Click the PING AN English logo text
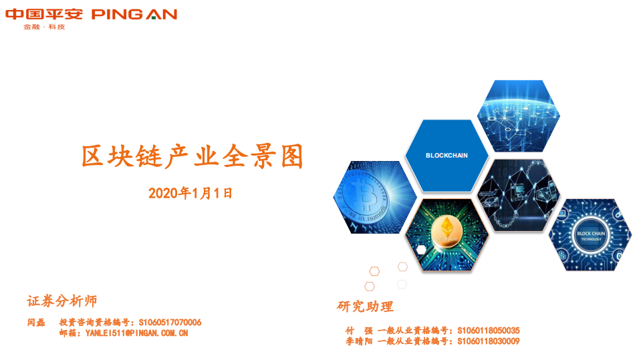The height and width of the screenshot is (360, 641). click(134, 14)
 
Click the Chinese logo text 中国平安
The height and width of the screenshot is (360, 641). click(44, 14)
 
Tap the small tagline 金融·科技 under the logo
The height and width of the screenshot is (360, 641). click(44, 27)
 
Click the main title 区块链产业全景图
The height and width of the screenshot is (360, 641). click(193, 156)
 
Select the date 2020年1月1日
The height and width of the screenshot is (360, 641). click(190, 194)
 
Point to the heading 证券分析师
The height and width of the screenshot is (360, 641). click(62, 301)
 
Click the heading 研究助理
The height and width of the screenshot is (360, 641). click(365, 307)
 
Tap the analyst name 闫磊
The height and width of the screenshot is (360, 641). click(36, 323)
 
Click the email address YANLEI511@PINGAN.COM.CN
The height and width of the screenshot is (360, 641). click(137, 333)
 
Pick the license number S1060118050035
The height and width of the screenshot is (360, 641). click(488, 331)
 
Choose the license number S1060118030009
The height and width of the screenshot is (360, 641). click(488, 341)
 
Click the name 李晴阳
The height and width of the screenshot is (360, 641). click(359, 341)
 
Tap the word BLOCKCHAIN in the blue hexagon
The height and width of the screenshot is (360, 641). click(446, 155)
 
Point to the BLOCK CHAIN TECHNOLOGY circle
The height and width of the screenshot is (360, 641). click(590, 235)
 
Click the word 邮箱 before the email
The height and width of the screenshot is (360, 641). click(68, 333)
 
